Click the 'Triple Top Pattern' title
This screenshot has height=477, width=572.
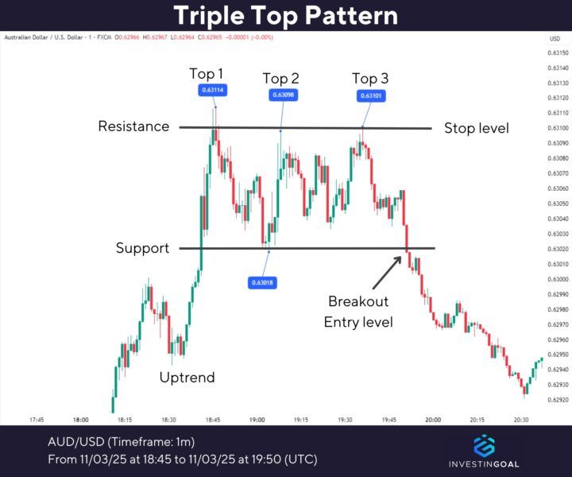point(286,15)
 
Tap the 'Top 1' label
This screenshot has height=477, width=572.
point(207,74)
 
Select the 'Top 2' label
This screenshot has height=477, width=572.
point(281,78)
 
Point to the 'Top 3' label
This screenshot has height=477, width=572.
point(370,78)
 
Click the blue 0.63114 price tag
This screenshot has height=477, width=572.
point(213,91)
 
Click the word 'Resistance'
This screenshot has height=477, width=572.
point(134,126)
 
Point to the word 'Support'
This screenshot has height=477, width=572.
point(143,248)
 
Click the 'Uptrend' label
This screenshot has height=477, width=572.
point(187,377)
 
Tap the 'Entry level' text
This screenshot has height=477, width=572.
point(358,322)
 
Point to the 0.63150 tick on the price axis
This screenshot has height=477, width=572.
point(557,53)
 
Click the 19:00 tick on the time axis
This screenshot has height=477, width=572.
point(257,419)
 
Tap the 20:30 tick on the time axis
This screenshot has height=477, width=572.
point(520,419)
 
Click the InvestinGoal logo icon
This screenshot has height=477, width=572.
point(484,446)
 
